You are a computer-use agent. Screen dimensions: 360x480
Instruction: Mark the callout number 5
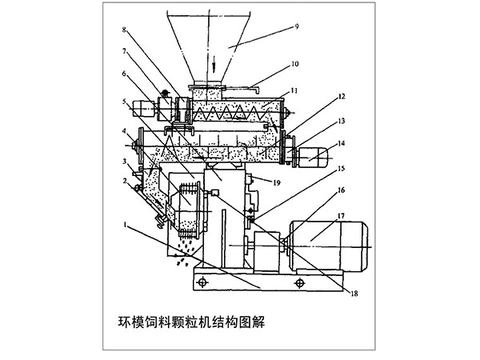tap(124, 102)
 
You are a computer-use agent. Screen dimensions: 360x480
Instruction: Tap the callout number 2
tap(124, 181)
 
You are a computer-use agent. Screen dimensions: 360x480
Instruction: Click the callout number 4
tap(124, 130)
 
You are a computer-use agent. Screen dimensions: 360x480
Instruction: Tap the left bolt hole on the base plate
tap(203, 282)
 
